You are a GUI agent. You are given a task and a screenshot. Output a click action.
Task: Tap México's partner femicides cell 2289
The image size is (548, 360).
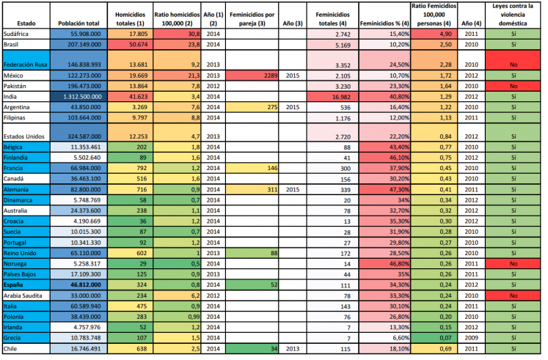pyautogui.click(x=247, y=75)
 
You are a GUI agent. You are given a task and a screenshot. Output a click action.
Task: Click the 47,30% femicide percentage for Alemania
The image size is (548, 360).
pyautogui.click(x=384, y=189)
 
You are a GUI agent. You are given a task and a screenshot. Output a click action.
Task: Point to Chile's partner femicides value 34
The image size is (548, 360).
pyautogui.click(x=247, y=349)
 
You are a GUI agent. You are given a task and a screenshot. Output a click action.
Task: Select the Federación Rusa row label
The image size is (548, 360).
pyautogui.click(x=29, y=65)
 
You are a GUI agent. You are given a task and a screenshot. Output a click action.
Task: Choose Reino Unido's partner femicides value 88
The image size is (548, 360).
pyautogui.click(x=247, y=251)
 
